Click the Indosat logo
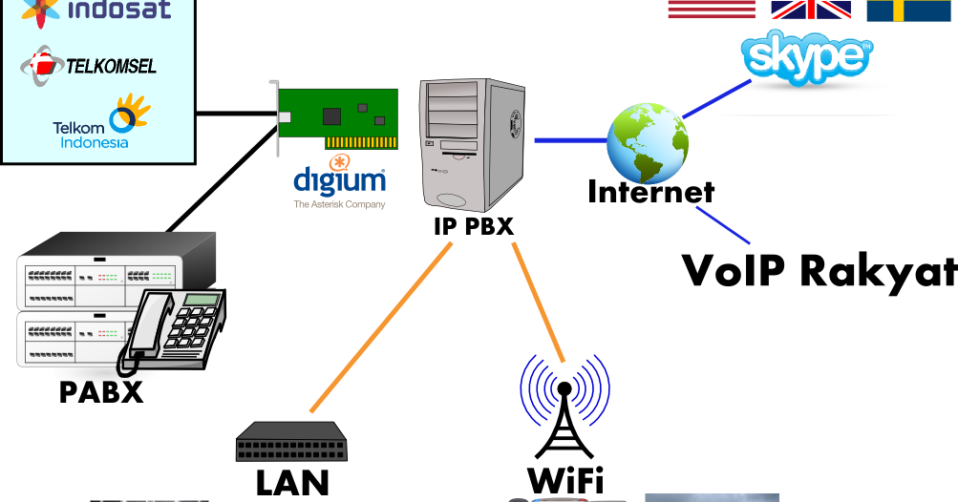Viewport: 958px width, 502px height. (x=96, y=11)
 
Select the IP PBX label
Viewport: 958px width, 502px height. (x=474, y=226)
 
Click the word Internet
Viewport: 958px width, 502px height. (x=650, y=192)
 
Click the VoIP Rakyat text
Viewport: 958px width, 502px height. (x=819, y=270)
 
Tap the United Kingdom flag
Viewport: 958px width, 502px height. (x=811, y=10)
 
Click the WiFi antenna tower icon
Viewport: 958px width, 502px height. (x=564, y=410)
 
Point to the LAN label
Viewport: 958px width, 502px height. (x=292, y=483)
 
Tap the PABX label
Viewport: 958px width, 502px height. (x=101, y=391)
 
